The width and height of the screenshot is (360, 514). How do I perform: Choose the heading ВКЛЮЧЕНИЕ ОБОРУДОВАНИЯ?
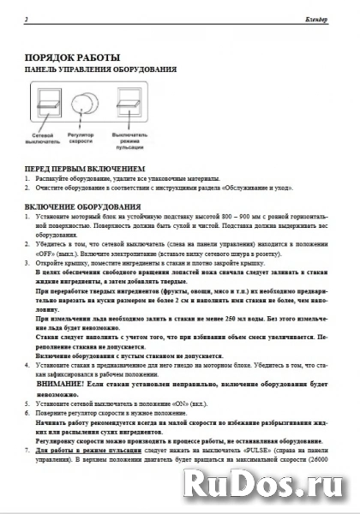82,207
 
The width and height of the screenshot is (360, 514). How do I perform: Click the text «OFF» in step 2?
47,254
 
